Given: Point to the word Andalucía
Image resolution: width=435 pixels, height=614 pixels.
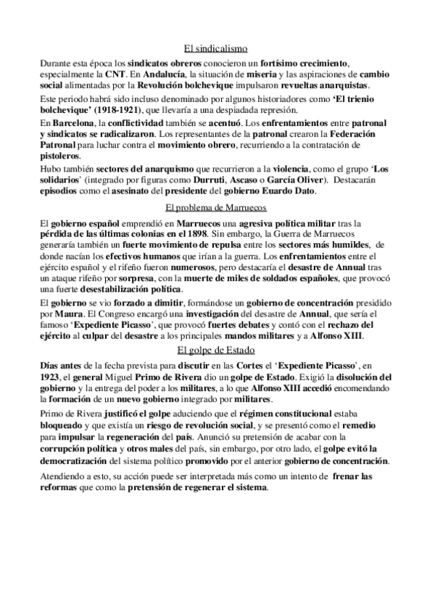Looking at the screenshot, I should click(x=164, y=75).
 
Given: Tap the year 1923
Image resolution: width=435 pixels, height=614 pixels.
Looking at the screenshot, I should click(x=52, y=377).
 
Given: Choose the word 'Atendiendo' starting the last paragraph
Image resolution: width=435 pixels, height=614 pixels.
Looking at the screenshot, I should click(x=62, y=476).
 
